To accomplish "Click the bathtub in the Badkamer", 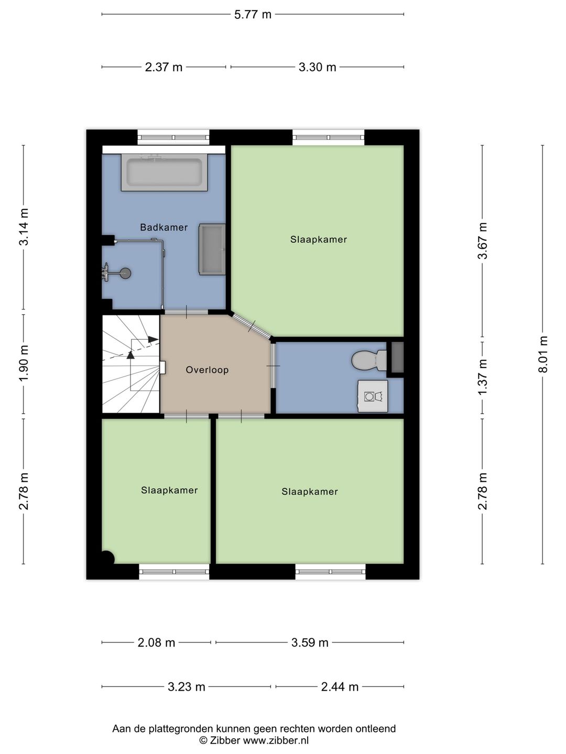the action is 164,172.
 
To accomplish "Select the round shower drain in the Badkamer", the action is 125,273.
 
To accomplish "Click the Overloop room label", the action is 207,370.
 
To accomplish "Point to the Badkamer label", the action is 164,227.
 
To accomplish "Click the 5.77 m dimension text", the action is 253,15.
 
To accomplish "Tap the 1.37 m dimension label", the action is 483,377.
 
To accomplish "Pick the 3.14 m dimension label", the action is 24,227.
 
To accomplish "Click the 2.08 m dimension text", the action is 156,642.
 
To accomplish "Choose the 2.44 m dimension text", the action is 340,687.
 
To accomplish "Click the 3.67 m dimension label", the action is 483,240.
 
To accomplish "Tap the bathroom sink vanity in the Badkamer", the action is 212,249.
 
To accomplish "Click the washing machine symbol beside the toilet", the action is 373,396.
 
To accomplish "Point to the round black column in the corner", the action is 108,557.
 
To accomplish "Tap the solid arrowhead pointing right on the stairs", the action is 153,339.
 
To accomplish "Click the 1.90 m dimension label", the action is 24,363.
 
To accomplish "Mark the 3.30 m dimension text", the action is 317,67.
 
